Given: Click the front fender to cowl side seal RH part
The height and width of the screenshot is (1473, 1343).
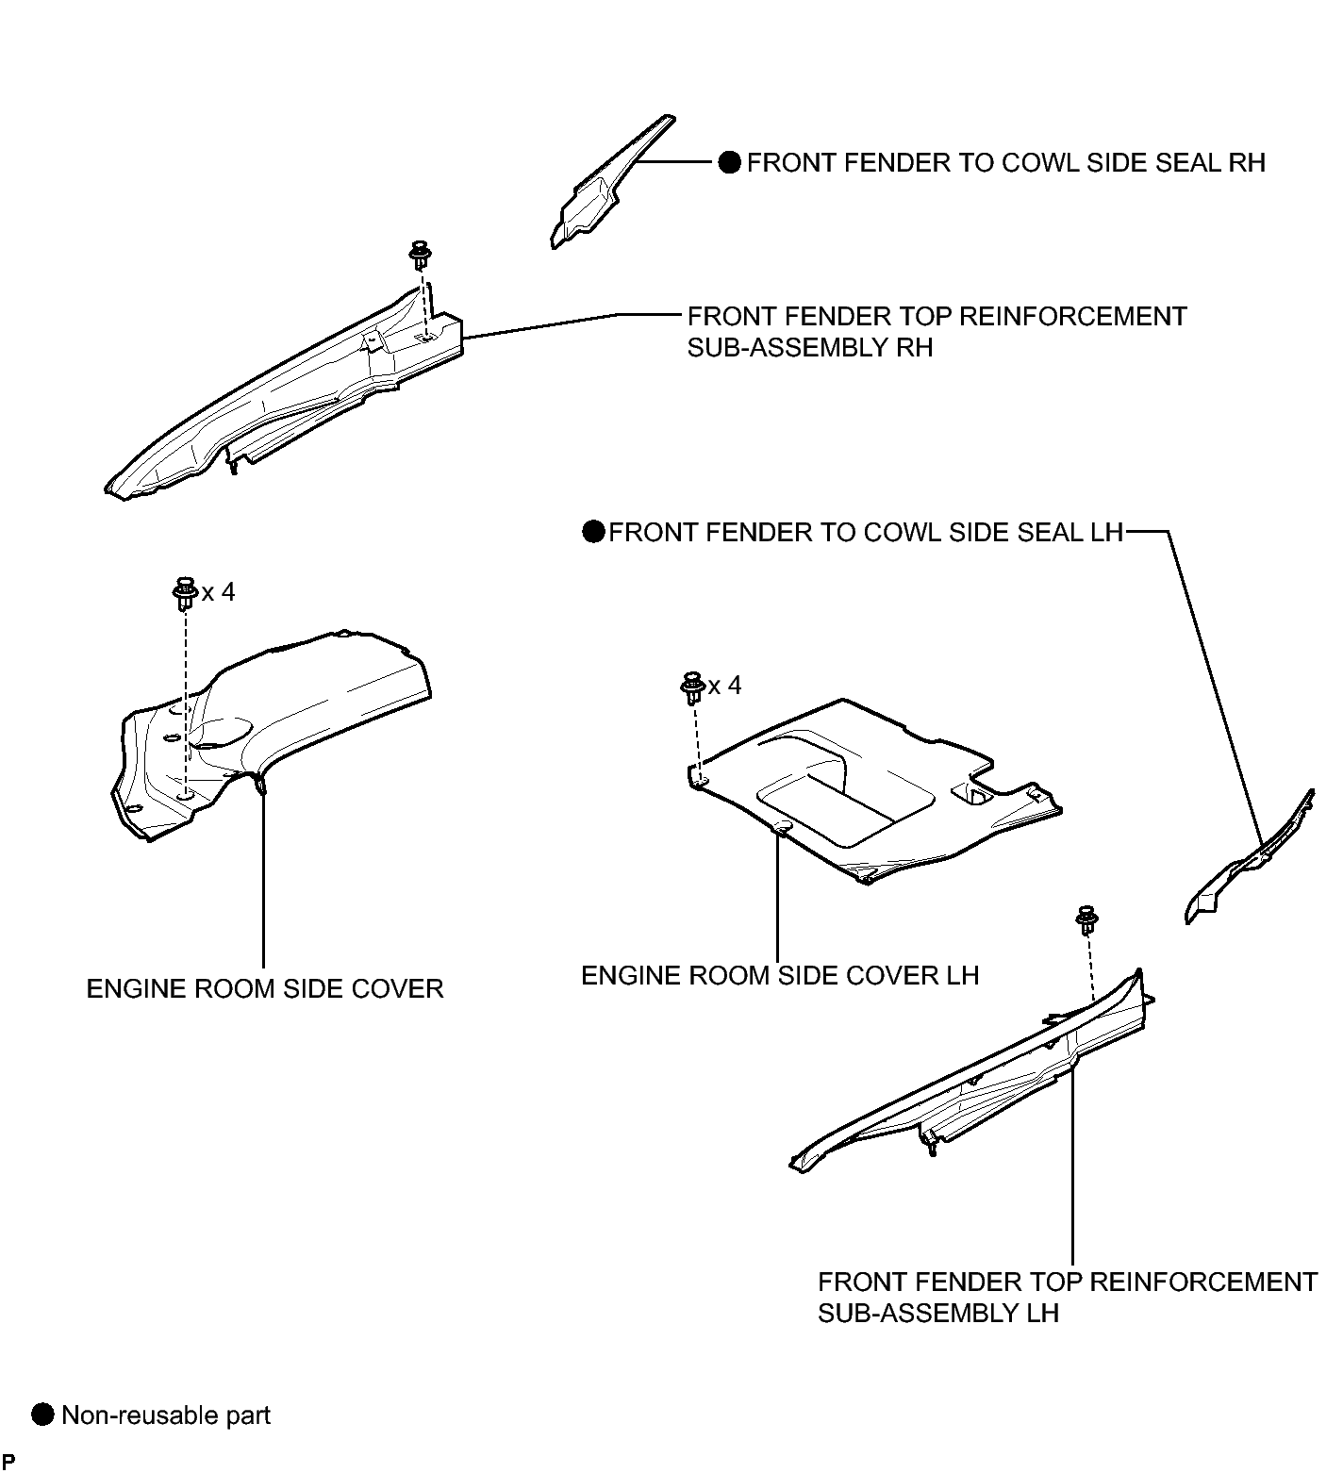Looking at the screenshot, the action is tap(604, 189).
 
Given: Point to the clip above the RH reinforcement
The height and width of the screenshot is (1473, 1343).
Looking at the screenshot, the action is tap(418, 256).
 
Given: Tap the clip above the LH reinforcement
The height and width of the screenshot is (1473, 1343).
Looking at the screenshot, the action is tap(1088, 919).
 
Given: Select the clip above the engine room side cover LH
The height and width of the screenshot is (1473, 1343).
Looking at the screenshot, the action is tap(693, 687).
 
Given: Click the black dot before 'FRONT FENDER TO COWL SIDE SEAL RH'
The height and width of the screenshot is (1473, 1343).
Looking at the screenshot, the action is tap(730, 163).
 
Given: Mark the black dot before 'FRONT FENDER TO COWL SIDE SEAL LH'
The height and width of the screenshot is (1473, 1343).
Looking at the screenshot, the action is tap(593, 532).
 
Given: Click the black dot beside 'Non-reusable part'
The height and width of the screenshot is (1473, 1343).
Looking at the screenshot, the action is tap(43, 1415).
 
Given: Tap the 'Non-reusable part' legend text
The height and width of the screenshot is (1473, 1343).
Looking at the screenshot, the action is tap(166, 1415).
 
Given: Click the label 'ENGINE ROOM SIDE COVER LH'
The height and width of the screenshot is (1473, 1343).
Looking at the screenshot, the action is tap(780, 975).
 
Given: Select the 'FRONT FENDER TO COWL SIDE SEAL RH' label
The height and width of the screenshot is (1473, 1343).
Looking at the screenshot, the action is tap(1005, 163).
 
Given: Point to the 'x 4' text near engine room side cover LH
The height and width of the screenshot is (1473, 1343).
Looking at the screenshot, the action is tap(725, 686).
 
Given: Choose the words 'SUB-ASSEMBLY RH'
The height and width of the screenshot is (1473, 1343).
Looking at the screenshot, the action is tap(810, 347).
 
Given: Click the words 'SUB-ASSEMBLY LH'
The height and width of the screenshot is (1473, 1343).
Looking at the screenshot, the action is tap(938, 1313).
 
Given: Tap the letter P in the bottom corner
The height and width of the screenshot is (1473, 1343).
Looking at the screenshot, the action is tap(9, 1463).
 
